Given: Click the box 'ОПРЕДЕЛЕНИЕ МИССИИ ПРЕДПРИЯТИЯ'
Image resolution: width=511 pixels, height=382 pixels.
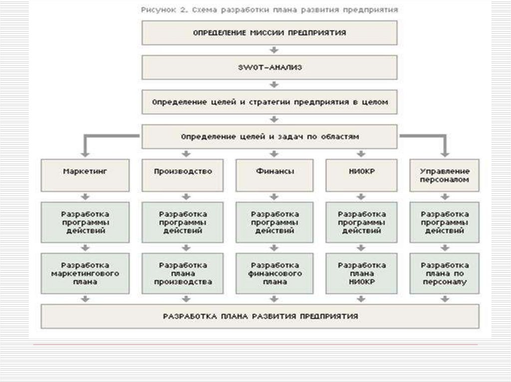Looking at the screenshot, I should pos(269,33).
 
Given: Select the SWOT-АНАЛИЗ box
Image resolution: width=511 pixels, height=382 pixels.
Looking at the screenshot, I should pos(269,68).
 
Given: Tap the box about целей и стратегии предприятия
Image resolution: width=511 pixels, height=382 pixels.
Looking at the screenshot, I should pos(269,102).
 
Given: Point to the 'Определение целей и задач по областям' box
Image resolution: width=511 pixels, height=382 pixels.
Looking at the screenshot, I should pos(269,136).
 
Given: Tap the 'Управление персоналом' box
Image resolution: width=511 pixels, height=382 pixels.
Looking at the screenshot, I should pos(444,175).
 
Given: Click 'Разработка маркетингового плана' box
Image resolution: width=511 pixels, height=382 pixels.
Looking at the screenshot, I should pos(85,273).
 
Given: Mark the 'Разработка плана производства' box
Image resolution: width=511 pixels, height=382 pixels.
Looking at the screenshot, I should pos(183,273).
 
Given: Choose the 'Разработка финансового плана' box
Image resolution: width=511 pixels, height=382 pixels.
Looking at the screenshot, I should pos(273,273).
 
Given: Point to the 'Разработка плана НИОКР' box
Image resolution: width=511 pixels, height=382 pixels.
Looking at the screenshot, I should pos(362,273).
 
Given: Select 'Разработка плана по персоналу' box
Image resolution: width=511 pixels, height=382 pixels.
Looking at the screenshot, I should pos(444,273).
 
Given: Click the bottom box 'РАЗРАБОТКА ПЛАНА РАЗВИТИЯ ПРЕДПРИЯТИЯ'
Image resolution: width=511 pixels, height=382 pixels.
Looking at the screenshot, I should pos(260,316).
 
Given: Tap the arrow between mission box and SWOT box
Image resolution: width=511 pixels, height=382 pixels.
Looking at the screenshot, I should pos(273,50).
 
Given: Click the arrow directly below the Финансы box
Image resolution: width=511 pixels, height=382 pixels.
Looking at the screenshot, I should pos(273,196).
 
